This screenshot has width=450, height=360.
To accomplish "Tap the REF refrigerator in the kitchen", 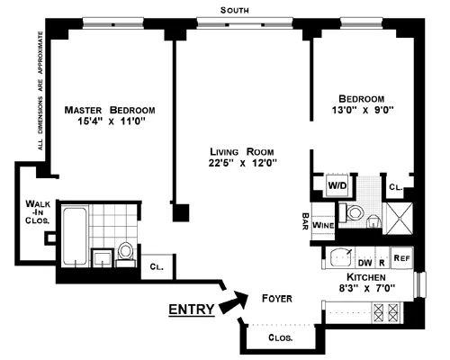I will (402, 256).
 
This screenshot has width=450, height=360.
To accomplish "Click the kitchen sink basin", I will (341, 255).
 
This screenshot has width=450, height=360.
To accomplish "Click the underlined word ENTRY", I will (192, 310).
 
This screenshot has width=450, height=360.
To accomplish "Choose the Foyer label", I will (276, 298).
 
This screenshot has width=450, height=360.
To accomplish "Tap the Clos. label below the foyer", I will (282, 338).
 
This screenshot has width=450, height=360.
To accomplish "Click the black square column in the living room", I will (182, 214).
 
